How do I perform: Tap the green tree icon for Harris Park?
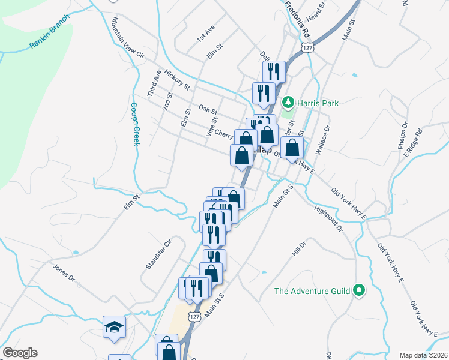tap(288, 103)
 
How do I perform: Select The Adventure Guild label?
tap(312, 292)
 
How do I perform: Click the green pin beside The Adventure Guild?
tap(359, 292)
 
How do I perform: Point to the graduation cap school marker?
tap(114, 327)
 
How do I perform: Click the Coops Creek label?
tap(135, 124)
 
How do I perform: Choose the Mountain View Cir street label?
tap(128, 38)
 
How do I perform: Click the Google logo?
tap(20, 353)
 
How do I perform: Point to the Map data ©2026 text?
tap(423, 355)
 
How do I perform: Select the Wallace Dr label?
tap(322, 140)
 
